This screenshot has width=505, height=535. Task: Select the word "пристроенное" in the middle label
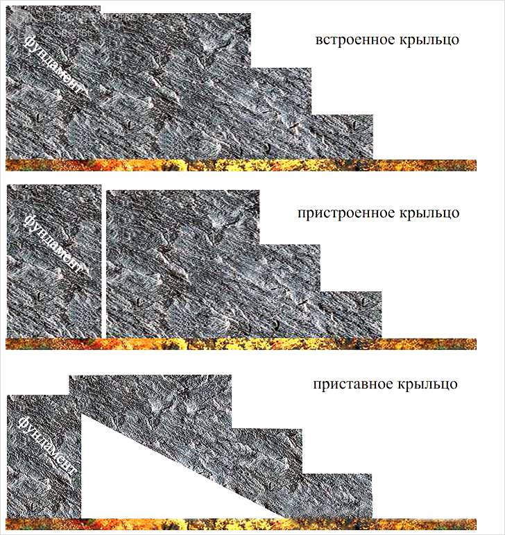pyautogui.click(x=341, y=213)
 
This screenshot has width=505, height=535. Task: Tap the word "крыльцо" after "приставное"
pyautogui.click(x=427, y=384)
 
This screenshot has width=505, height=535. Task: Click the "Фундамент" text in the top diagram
pyautogui.click(x=53, y=67)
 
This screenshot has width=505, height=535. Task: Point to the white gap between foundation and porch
pyautogui.click(x=104, y=261)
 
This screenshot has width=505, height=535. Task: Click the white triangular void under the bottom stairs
pyautogui.click(x=139, y=479)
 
